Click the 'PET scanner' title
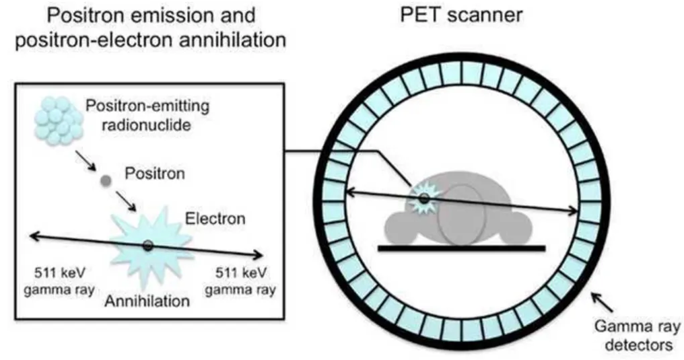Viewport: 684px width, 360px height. [x=461, y=14]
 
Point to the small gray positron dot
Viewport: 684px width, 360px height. [x=105, y=180]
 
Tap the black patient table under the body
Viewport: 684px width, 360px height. [x=461, y=248]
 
